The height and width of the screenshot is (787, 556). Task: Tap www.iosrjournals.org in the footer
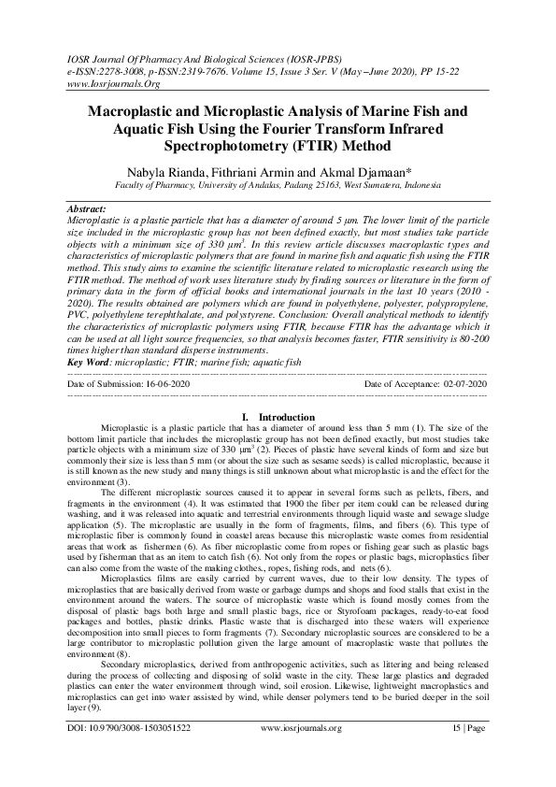[x=299, y=752]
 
